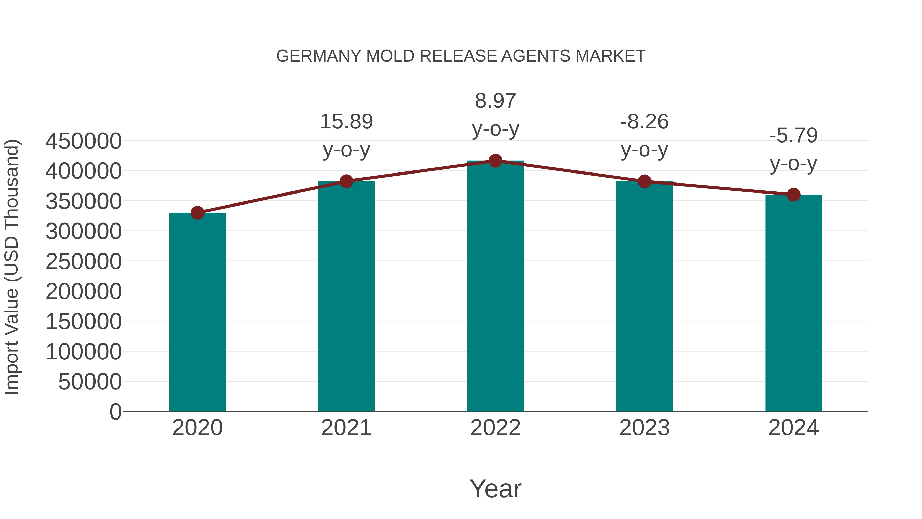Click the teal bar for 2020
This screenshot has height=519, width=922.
197,312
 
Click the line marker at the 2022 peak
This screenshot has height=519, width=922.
495,161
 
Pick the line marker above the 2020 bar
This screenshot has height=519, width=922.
197,213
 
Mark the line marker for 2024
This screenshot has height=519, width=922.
793,195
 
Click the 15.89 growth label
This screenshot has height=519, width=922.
346,122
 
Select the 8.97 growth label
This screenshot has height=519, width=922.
495,101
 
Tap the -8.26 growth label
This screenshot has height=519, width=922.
644,122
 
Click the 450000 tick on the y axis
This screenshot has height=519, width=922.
83,141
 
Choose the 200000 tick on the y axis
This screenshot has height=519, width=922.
83,292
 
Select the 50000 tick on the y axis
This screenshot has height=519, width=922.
90,382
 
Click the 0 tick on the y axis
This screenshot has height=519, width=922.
116,412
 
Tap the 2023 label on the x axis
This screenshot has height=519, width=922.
644,428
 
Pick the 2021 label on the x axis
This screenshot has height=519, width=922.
346,428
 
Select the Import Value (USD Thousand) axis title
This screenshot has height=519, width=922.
12,267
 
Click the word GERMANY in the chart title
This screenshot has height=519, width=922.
319,56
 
